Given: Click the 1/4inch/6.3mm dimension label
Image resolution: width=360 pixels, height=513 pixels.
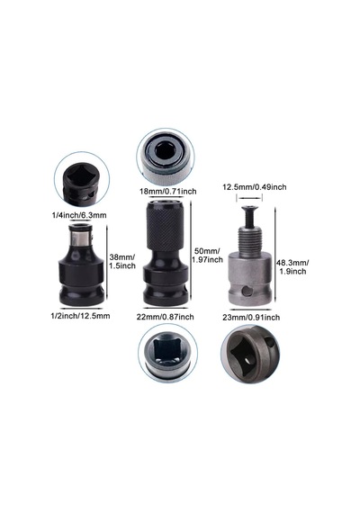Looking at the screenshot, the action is click(79, 215).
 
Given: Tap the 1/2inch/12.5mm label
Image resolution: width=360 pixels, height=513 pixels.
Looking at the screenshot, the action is click(80, 316).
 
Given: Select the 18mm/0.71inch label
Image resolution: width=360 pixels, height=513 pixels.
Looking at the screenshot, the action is click(168, 192).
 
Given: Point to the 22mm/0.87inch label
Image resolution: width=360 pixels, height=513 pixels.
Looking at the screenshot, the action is click(166, 317).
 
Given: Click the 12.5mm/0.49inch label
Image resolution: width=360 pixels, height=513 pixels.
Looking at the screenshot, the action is click(255, 187).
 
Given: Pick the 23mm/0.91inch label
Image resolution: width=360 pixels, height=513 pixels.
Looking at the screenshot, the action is click(251, 317).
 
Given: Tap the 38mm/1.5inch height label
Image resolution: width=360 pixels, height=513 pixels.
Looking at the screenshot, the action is click(122, 261).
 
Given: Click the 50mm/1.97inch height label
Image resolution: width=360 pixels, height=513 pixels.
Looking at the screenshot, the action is click(208, 256).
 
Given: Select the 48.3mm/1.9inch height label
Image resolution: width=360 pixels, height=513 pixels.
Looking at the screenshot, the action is click(292, 266).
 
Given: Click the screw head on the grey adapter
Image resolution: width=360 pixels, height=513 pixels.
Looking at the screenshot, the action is click(249, 208).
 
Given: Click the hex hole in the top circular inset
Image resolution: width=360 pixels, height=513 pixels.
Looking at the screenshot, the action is click(166, 151).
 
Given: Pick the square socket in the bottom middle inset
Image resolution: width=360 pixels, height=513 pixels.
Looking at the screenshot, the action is click(166, 351).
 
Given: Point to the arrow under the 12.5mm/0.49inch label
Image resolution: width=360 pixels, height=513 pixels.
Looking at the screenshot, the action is click(249, 198).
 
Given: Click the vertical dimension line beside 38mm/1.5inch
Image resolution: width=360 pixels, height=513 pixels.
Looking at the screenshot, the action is click(107, 265).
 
